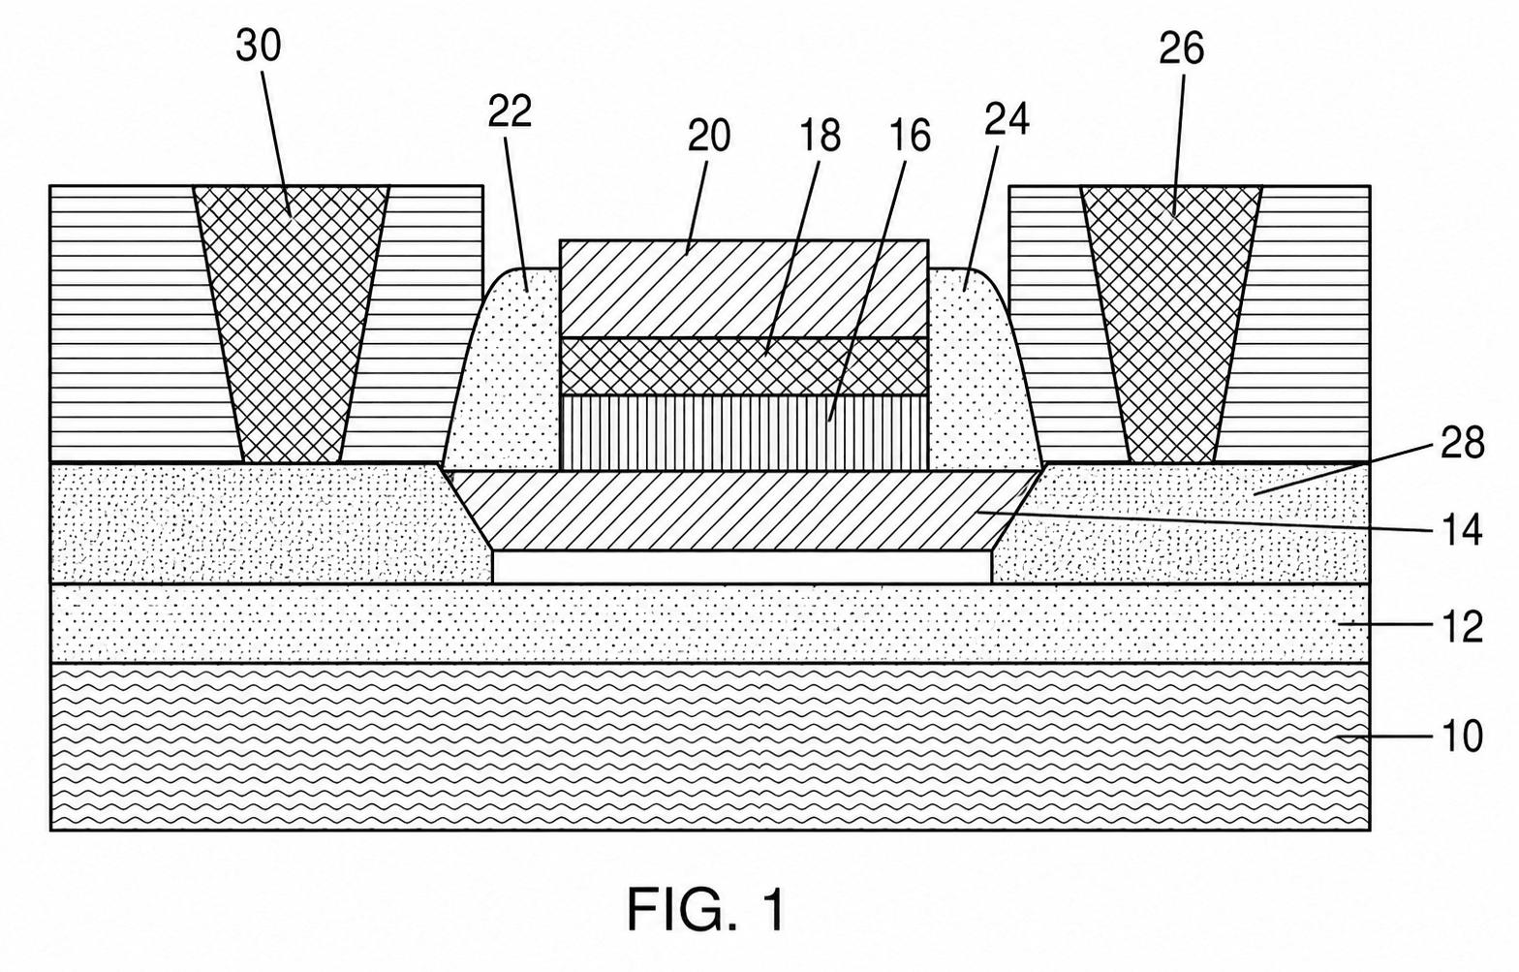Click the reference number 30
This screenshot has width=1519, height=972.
coord(259,47)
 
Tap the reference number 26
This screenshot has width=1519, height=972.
coord(1181,48)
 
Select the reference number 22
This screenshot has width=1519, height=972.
coord(510,111)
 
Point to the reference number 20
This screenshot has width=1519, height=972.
coord(709,136)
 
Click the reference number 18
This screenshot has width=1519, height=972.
coord(820,136)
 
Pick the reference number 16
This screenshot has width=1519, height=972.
coord(910,136)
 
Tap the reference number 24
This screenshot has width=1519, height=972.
coord(1007,118)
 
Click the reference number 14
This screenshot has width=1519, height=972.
coord(1462,530)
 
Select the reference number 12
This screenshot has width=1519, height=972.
coord(1462,627)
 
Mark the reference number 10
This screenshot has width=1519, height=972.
coord(1462,736)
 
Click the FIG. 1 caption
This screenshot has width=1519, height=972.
coord(706,910)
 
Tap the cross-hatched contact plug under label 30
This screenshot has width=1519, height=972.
coord(291,325)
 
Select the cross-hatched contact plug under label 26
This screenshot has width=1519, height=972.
coord(1171,325)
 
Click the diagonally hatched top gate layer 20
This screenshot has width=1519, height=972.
coord(744,288)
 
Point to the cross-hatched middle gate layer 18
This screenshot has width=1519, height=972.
coord(744,366)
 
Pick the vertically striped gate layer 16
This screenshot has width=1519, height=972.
coord(744,433)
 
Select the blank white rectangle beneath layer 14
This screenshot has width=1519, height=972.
coord(742,567)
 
